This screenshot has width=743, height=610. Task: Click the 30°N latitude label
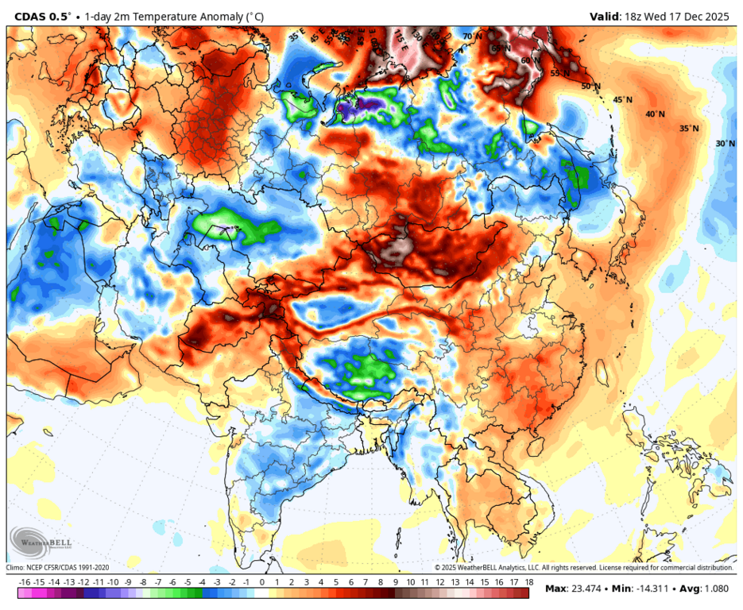click(x=725, y=144)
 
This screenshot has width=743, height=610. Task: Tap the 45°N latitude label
click(x=623, y=100)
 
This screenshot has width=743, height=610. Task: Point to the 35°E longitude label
click(x=295, y=37)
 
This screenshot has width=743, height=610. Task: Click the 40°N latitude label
click(x=656, y=114)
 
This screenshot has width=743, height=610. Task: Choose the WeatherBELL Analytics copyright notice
click(x=583, y=568)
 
